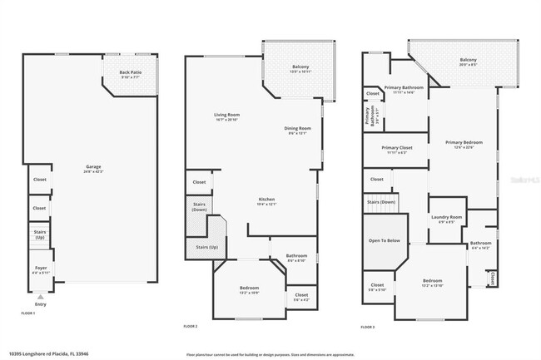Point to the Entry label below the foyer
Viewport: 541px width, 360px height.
coord(41,304)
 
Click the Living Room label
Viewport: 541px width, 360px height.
coord(226,116)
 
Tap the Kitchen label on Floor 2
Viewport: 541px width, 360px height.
coord(266,200)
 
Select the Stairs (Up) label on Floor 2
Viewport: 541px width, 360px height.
coord(206,247)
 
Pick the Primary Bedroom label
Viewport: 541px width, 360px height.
coord(463,143)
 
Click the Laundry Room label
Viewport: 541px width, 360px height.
coord(446,219)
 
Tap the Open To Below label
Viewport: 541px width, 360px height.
coord(385,240)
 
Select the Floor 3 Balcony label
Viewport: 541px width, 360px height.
coord(469,61)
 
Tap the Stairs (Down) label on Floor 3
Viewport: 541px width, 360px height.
coord(380,202)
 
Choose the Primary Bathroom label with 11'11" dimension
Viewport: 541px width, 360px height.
coord(404,89)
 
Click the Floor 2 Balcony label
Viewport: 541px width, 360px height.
coord(300,68)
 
